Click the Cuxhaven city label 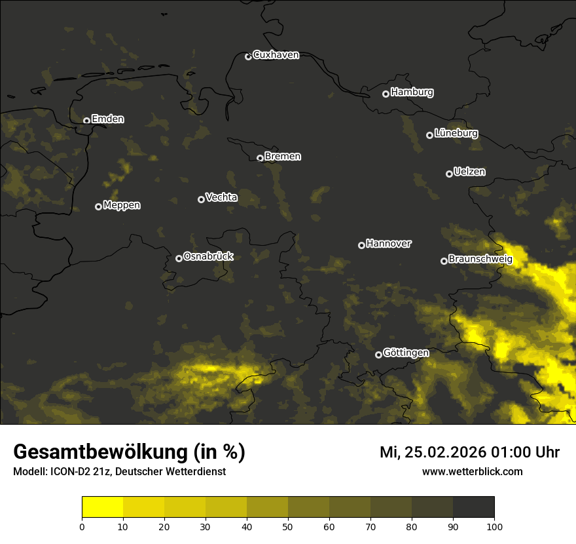276,55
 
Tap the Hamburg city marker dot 386,94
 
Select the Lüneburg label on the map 456,133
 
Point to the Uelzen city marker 449,174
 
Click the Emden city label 107,119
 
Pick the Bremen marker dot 260,158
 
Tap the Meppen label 121,205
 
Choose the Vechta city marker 201,199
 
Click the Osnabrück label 208,256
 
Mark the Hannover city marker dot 361,245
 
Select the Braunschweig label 480,260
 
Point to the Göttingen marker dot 378,355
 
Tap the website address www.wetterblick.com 472,471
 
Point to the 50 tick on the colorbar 288,526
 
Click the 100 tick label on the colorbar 494,526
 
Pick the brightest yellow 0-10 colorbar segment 102,507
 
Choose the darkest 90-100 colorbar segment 473,507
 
